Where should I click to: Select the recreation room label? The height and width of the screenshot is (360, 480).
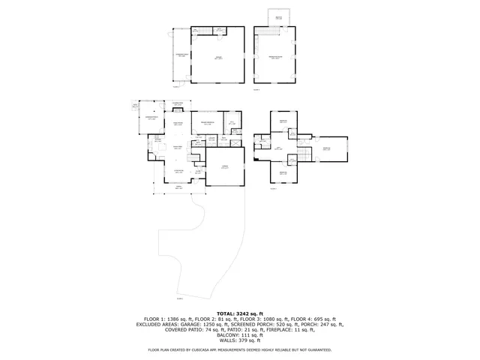click(275, 57)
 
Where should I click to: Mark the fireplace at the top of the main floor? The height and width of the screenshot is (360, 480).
click(178, 103)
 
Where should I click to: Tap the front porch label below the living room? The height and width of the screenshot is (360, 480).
click(178, 187)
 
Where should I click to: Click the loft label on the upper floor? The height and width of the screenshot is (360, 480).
click(279, 148)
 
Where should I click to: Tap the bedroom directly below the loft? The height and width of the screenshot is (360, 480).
click(283, 173)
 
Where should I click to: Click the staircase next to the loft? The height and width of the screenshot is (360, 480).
click(301, 153)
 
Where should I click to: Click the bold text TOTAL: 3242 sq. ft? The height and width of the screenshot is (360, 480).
click(239, 313)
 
